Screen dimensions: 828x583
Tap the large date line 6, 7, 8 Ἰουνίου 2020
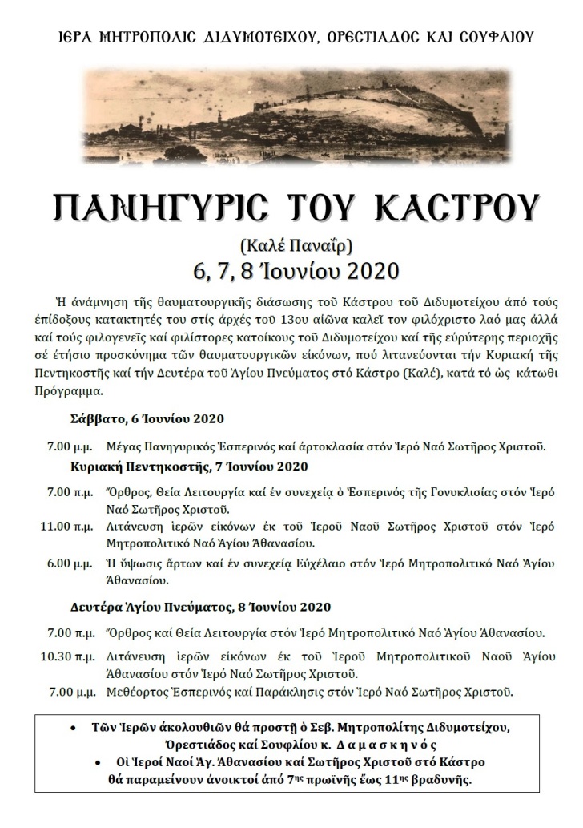point(291,269)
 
